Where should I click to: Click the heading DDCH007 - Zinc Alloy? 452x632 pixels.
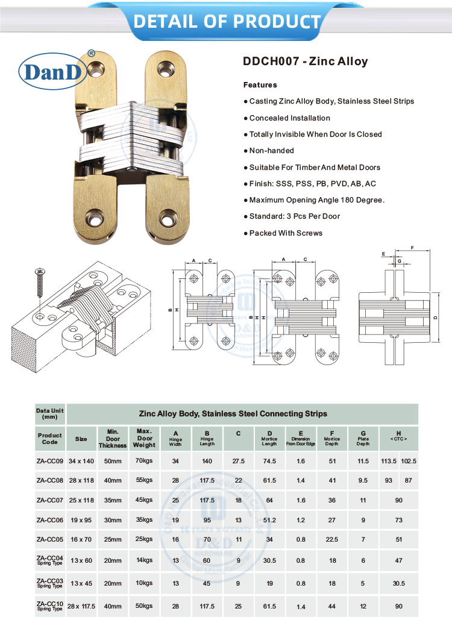tap(305, 61)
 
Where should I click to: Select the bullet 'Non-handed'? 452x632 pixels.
tap(271, 151)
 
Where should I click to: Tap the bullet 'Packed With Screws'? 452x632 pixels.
tap(286, 233)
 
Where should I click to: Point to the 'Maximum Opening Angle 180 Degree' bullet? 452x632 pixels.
tap(316, 200)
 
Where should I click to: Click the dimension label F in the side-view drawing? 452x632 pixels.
tap(412, 248)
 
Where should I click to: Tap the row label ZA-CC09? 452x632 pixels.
tap(49, 461)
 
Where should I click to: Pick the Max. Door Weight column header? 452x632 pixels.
tap(145, 439)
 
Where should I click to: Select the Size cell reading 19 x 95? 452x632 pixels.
tap(81, 519)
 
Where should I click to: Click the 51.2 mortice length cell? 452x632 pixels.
tap(269, 519)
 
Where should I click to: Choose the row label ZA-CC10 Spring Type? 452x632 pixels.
tap(49, 605)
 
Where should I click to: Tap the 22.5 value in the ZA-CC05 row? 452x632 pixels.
tap(331, 539)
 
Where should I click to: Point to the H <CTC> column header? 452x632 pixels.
tap(398, 436)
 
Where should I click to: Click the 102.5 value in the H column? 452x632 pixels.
tap(409, 461)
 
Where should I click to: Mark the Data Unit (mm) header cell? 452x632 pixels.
tap(49, 413)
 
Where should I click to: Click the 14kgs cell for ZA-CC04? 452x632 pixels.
tap(145, 560)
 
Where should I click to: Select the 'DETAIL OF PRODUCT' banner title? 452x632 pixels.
tap(227, 21)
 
